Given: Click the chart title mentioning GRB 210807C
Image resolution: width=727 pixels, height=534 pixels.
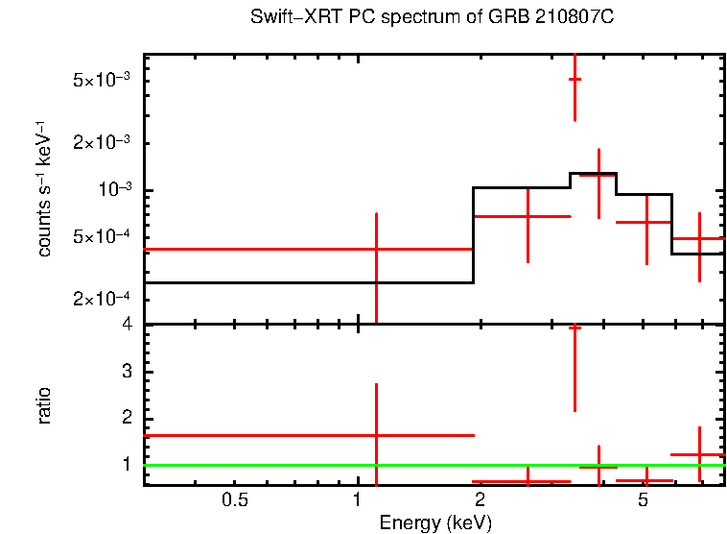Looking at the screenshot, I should click(431, 18).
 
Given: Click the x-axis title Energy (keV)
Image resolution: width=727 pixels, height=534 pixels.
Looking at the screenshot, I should click(435, 522).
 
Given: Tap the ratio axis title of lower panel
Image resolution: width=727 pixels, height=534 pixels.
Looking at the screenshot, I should click(44, 404).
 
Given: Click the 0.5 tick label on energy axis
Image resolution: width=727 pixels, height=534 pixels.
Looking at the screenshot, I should click(235, 500).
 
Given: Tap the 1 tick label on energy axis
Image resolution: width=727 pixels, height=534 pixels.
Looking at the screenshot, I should click(357, 500).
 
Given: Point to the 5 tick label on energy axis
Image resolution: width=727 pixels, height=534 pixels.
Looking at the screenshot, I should click(644, 500).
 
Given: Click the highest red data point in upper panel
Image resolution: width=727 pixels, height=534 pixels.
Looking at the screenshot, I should click(575, 79).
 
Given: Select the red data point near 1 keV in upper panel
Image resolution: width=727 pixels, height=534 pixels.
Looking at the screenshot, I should click(376, 249).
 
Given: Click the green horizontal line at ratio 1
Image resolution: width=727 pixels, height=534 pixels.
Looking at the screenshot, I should click(288, 465).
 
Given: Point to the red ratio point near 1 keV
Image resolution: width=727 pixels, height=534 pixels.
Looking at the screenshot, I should click(376, 435).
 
